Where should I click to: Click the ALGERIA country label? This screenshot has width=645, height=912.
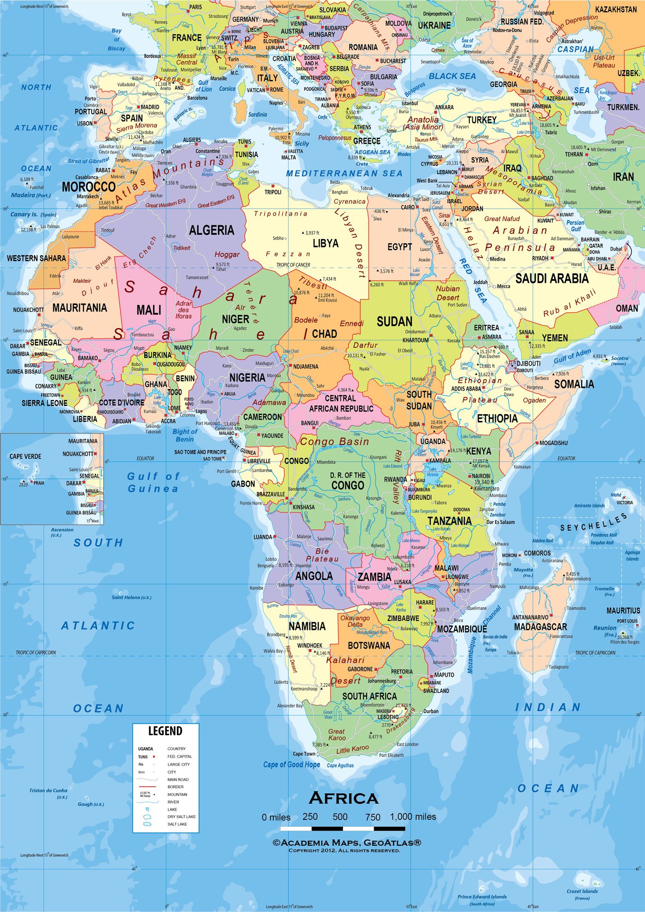[x=211, y=230]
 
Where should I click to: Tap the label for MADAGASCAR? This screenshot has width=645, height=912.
[x=540, y=626]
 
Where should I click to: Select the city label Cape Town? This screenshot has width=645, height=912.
[x=304, y=754]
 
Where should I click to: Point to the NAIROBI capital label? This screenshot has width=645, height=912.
[x=481, y=476]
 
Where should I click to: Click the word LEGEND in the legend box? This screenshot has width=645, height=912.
[x=165, y=731]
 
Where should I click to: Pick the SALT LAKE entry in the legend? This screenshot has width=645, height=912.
[x=177, y=824]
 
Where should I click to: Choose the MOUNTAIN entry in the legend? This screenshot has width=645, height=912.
[x=177, y=794]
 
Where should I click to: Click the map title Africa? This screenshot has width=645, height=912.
[x=344, y=798]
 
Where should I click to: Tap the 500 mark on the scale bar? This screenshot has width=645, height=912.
[x=340, y=817]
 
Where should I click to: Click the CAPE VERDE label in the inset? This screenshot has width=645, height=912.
[x=25, y=456]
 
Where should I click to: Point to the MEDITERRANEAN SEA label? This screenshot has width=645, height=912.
[x=344, y=173]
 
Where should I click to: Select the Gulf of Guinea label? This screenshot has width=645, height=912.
[x=153, y=482]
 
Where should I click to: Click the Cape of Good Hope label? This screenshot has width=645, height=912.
[x=291, y=765]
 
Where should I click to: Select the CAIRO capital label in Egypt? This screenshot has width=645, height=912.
[x=407, y=207]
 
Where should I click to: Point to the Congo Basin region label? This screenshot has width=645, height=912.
[x=334, y=441]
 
